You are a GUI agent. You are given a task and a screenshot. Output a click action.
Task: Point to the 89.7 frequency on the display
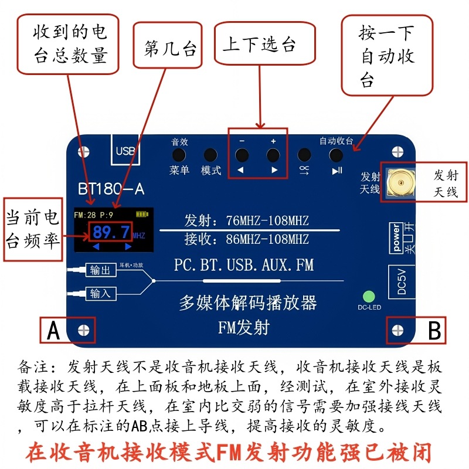(x=111, y=232)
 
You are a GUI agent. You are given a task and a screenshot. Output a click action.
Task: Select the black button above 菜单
(x=179, y=155)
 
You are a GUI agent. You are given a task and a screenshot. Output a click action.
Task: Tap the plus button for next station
(x=273, y=155)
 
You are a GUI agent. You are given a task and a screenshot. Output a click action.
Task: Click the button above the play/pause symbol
(x=336, y=155)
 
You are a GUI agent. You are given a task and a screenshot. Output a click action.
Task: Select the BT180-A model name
(x=111, y=189)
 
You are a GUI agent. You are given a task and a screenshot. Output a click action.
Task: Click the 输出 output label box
(x=100, y=270)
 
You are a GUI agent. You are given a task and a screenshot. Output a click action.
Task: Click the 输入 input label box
(x=100, y=293)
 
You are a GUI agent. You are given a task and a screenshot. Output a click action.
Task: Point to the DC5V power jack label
(x=402, y=281)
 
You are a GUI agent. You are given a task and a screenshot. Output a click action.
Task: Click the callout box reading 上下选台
(x=259, y=45)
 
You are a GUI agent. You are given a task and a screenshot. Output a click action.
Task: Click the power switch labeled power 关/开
(x=401, y=237)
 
